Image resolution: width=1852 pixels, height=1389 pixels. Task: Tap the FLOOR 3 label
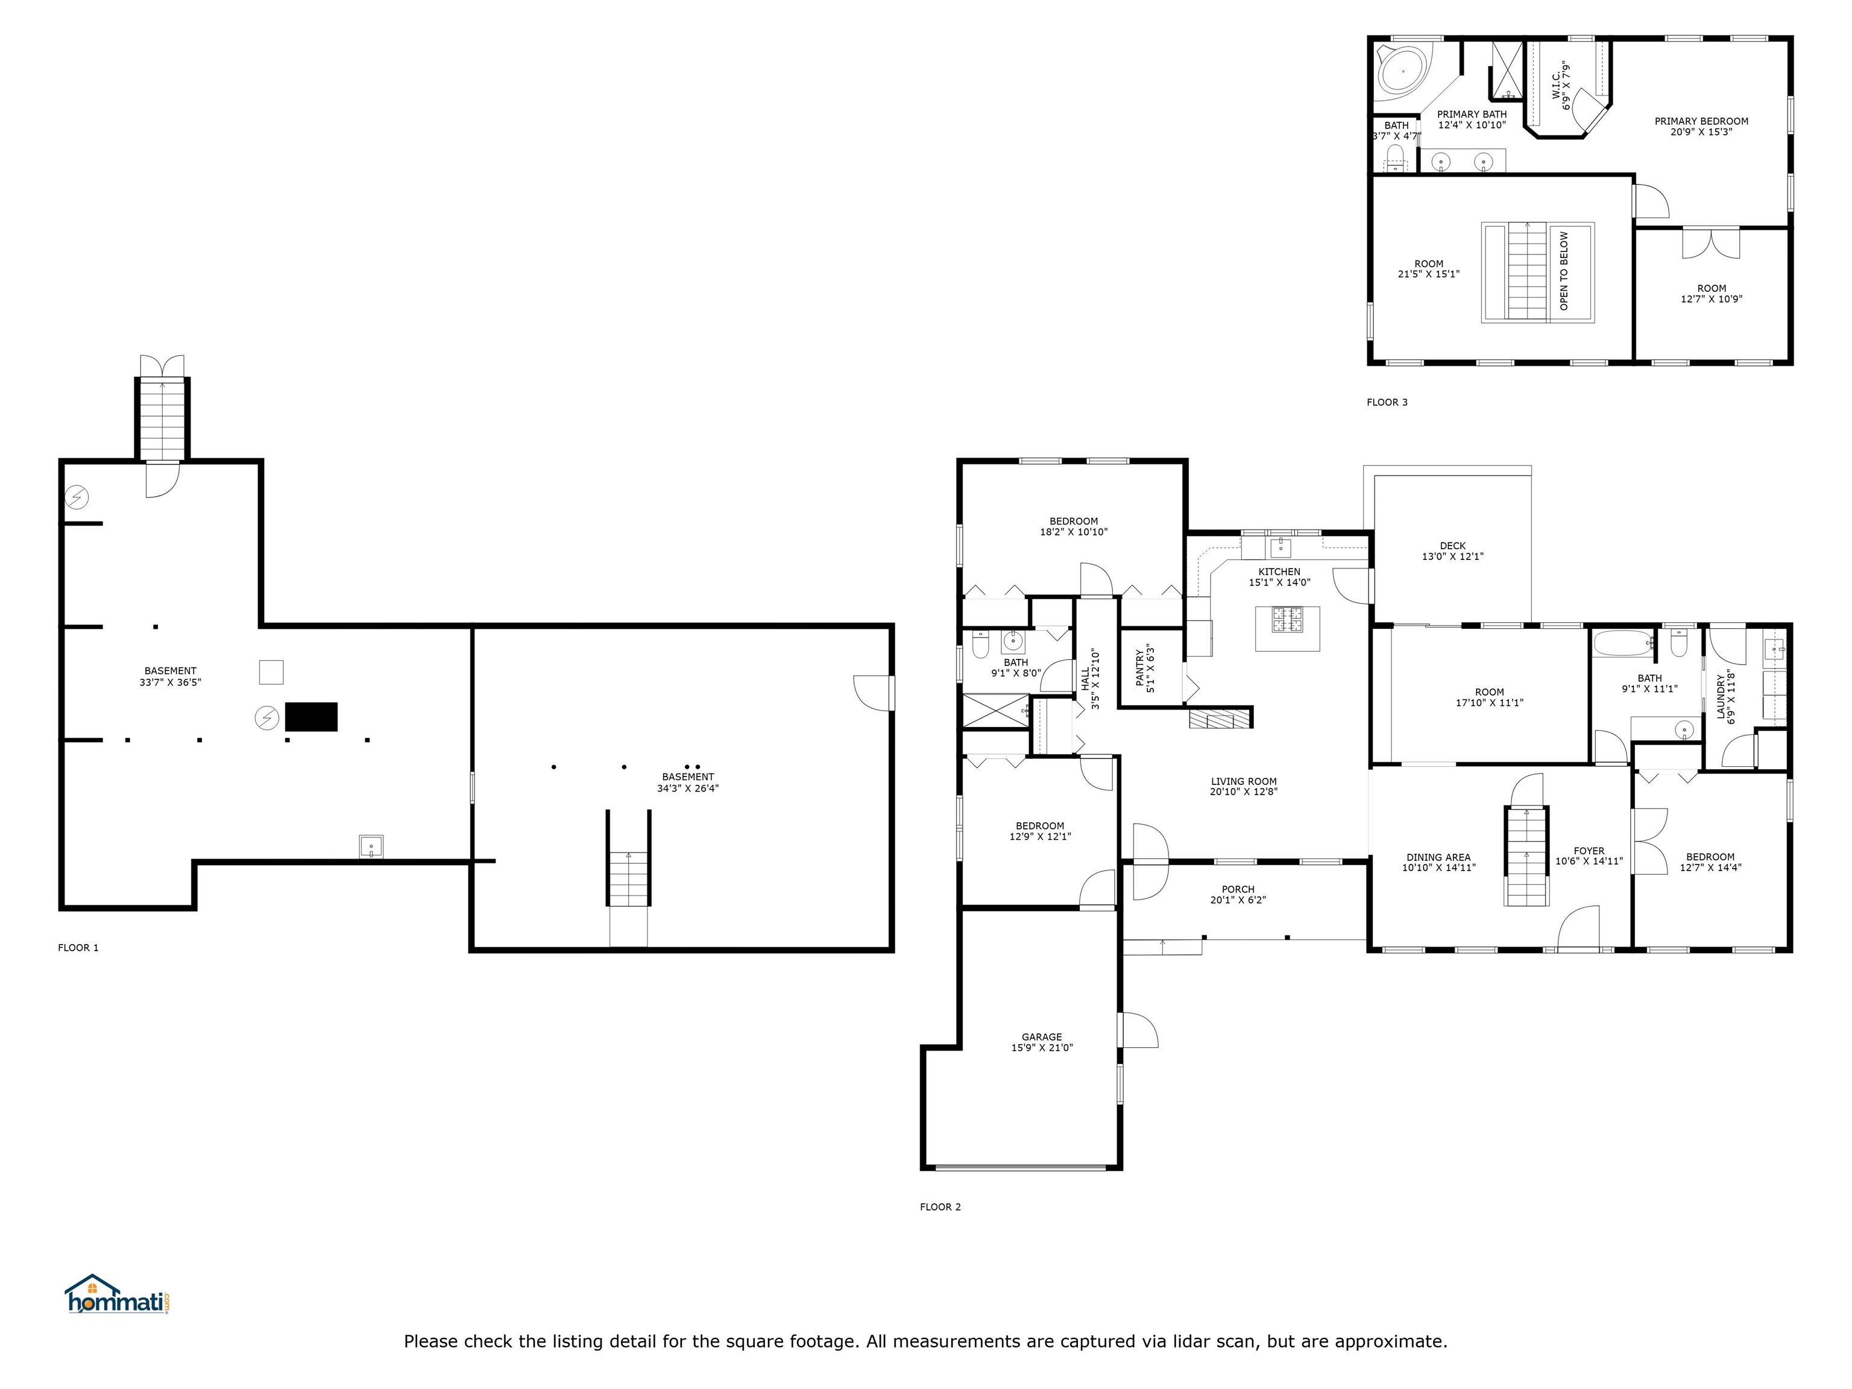[1387, 403]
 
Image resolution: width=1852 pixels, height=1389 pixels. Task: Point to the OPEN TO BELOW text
[1564, 271]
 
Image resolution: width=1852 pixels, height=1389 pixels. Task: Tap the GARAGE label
[1042, 1036]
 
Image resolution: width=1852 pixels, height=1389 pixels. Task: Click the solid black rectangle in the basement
[312, 717]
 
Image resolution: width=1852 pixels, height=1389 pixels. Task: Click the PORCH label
[1238, 890]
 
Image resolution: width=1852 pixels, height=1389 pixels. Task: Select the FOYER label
[1589, 851]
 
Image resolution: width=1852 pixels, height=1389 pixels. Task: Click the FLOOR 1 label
[78, 948]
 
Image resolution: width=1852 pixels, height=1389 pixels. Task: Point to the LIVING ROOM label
[1243, 781]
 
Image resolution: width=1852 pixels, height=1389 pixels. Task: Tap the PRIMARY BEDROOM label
[1701, 121]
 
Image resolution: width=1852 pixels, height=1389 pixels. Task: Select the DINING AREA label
[1438, 857]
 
